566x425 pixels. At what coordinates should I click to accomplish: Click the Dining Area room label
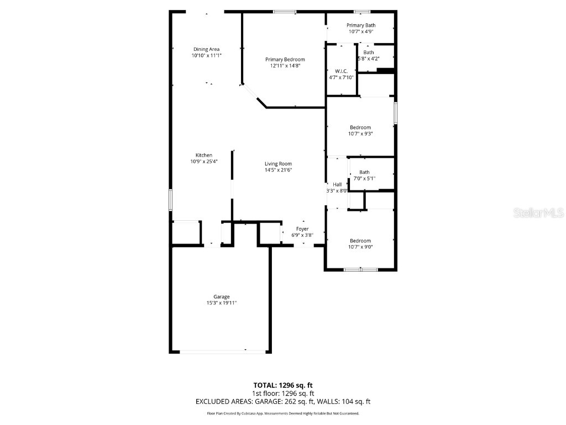click(206, 49)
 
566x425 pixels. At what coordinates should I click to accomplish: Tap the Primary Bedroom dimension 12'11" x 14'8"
click(285, 66)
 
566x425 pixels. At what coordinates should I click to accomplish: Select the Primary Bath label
click(361, 25)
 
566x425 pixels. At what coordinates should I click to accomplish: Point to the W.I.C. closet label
click(340, 71)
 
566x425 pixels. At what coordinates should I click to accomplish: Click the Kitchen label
click(203, 155)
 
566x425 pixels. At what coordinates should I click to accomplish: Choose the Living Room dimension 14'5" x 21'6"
click(277, 170)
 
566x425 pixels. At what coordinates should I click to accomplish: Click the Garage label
click(222, 297)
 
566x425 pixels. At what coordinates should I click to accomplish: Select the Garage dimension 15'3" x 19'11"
click(222, 303)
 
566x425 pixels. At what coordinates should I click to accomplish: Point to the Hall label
click(337, 184)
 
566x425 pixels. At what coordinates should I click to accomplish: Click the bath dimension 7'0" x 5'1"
click(364, 178)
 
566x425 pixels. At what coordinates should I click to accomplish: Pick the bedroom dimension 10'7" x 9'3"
click(360, 133)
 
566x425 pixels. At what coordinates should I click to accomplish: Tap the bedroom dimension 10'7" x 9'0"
click(360, 247)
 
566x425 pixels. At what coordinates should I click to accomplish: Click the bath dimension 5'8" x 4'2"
click(368, 58)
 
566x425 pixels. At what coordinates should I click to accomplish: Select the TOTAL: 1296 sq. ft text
click(283, 385)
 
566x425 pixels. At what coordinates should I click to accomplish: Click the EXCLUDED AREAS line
click(283, 401)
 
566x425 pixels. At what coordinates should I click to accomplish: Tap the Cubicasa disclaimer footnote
click(283, 413)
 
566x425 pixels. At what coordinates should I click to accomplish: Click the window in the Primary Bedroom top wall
click(284, 12)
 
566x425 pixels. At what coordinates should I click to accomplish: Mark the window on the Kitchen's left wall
click(170, 200)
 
